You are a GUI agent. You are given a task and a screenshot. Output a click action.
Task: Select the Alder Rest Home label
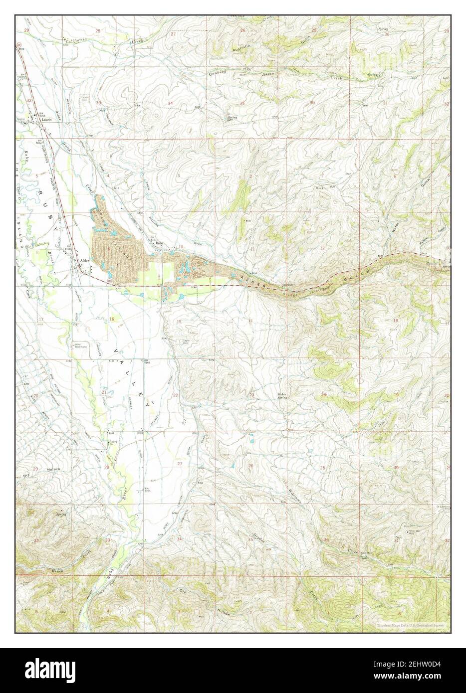(78, 345)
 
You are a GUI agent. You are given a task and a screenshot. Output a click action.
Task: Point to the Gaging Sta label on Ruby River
(114, 444)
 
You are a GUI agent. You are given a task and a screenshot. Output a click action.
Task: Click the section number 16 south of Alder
(112, 319)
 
